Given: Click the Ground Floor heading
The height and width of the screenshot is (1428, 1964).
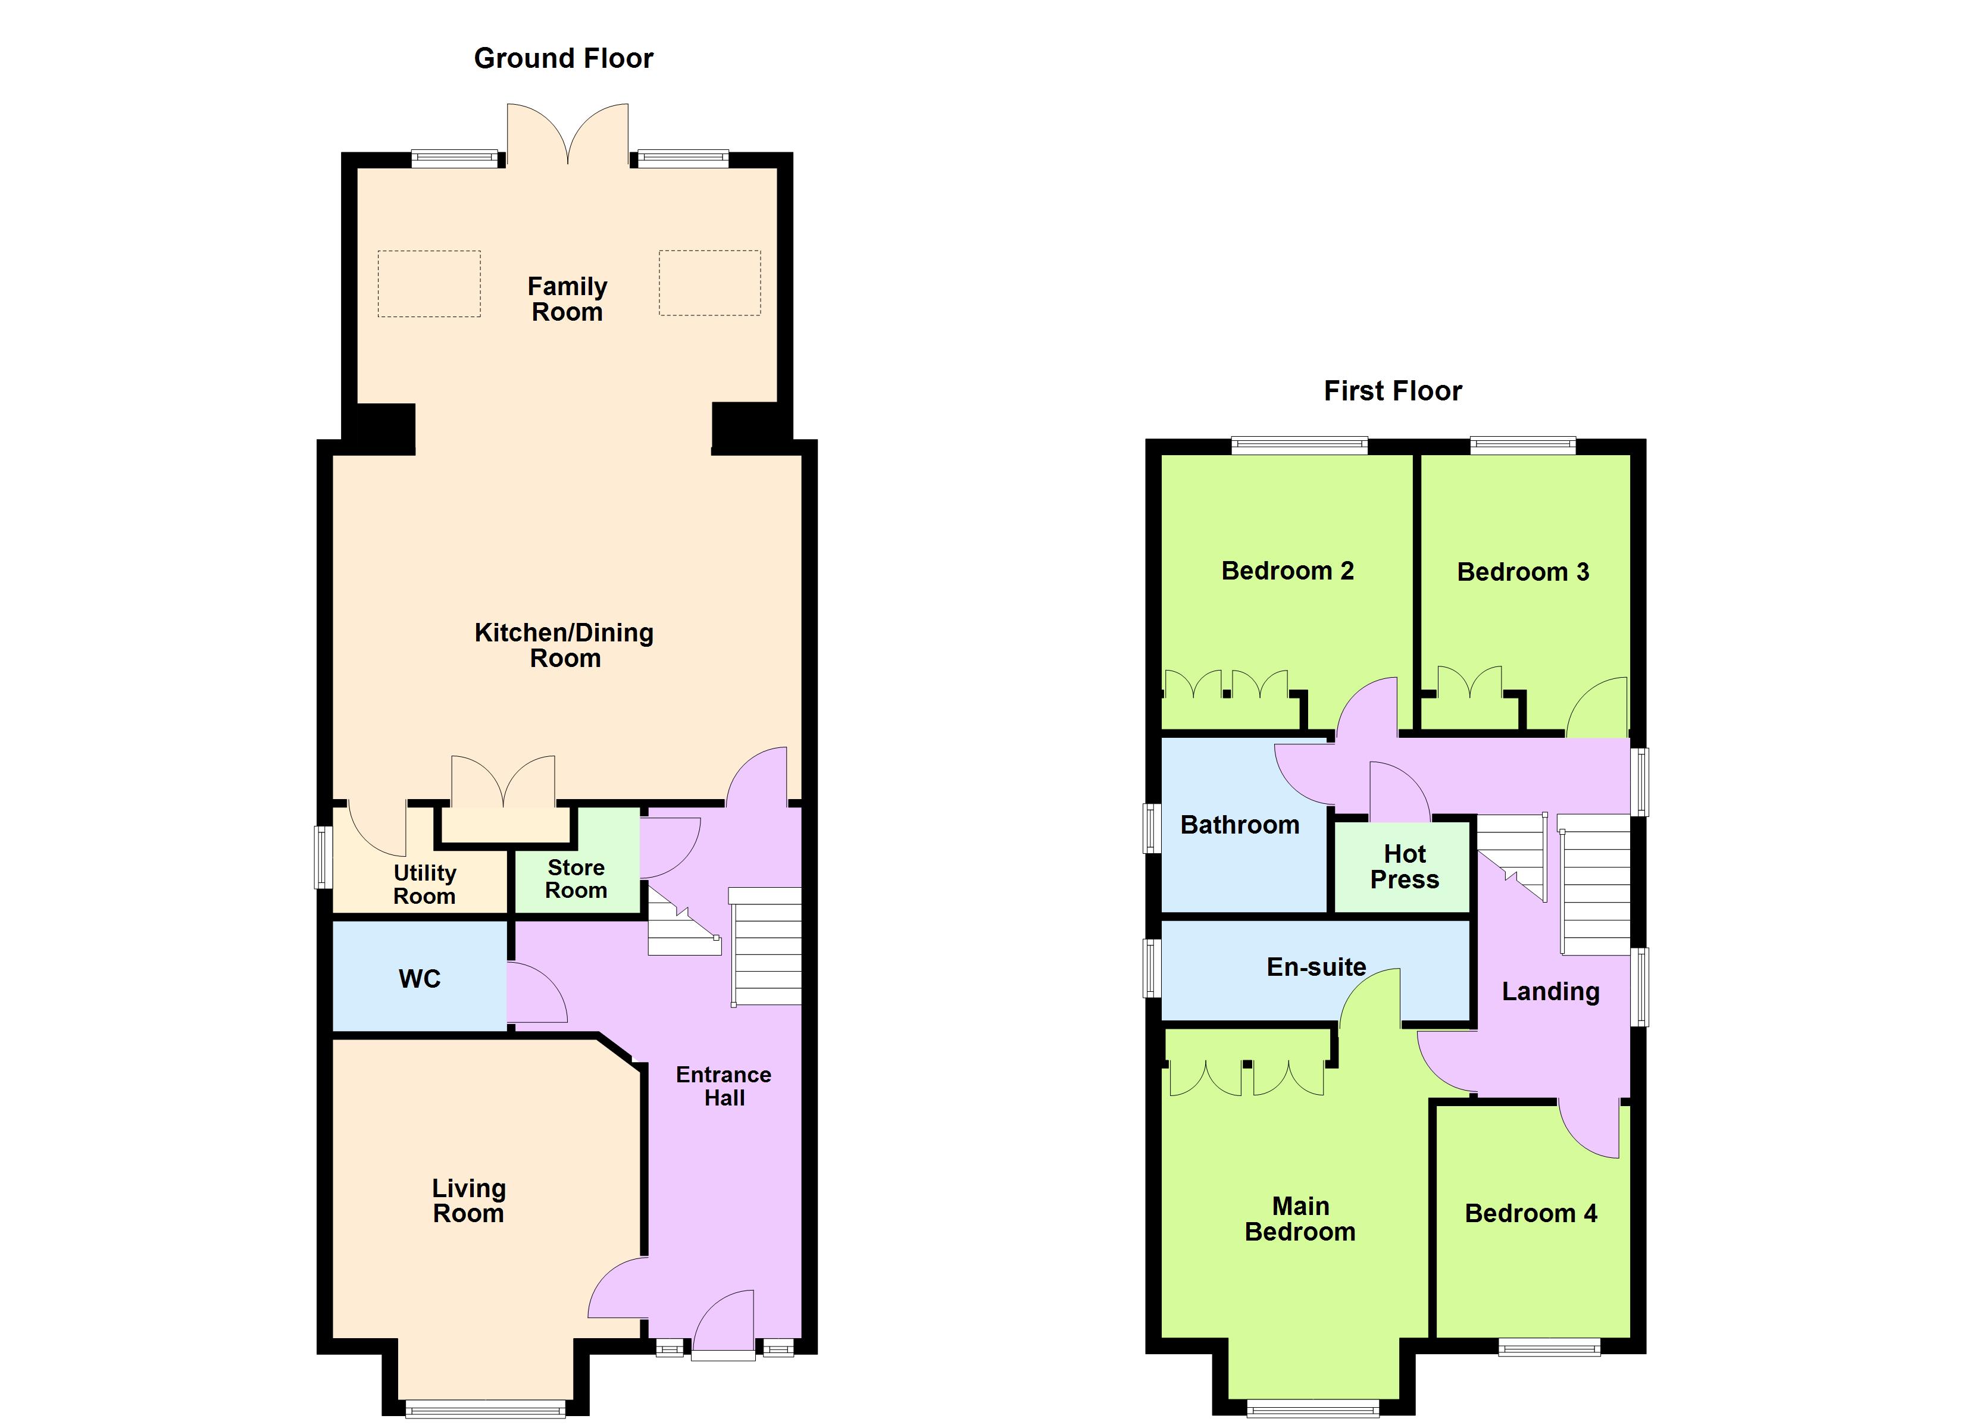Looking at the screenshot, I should (563, 59).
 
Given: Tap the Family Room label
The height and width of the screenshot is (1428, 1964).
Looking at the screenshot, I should (567, 299).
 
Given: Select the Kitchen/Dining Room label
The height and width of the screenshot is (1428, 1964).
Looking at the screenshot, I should (564, 645).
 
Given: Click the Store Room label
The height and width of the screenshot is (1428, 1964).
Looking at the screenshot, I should (576, 879).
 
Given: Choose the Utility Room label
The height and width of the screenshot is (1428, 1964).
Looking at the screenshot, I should (424, 884).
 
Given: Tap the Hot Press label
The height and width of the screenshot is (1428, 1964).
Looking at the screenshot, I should (1404, 867).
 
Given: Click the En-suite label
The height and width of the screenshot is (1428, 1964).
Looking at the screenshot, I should (1316, 966).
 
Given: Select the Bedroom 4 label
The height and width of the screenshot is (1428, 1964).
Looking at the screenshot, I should (1530, 1213).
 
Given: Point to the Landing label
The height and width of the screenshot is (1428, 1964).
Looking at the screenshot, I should (1550, 991).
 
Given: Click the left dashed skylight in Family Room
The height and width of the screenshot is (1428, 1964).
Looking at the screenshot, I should (429, 283).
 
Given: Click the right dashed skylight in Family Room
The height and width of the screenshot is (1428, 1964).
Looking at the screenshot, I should (709, 283).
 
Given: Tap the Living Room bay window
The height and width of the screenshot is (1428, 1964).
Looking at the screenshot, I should (485, 1409).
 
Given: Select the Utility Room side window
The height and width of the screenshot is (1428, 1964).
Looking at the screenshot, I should (322, 857).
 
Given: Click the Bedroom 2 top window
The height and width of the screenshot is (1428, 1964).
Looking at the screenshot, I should (1299, 446).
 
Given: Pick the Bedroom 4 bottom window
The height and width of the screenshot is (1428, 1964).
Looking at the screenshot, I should (1549, 1348).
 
